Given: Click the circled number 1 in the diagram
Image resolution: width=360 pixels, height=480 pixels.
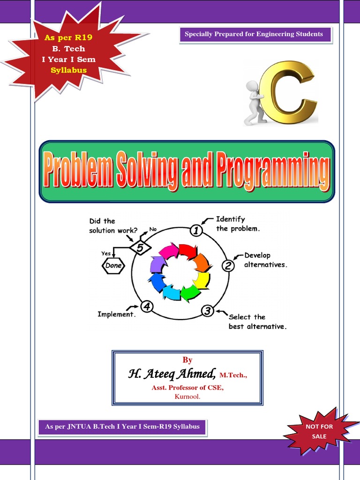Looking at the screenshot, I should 196,230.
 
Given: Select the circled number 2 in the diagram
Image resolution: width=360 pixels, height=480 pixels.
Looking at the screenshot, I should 228,266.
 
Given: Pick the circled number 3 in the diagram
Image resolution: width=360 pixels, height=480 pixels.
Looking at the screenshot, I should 208,310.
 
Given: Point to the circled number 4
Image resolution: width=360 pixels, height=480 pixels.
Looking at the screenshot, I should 147,307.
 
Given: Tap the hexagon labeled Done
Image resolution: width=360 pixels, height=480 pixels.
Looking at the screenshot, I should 113,266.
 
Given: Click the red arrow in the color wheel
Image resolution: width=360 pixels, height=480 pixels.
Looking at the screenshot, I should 187,251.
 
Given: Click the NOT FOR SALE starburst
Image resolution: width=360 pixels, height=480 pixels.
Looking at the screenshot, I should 319,432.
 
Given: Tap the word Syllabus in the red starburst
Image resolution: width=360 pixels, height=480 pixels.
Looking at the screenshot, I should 68,70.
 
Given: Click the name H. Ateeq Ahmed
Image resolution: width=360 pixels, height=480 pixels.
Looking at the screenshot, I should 172,374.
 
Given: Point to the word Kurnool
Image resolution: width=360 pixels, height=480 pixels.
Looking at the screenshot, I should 187,396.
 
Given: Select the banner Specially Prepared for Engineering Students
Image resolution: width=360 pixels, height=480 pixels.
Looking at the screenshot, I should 254,34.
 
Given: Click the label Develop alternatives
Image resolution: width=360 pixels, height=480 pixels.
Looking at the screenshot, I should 264,260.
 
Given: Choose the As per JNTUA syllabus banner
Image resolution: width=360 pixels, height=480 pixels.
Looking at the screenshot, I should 122,427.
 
